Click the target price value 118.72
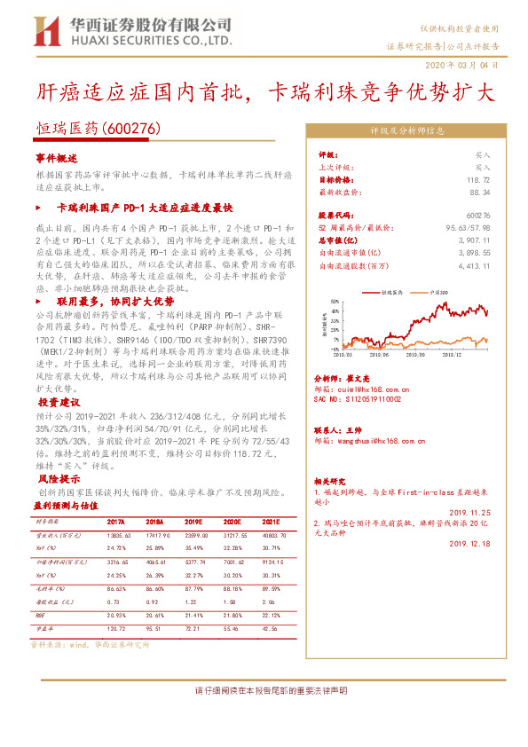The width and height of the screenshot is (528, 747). pos(478,178)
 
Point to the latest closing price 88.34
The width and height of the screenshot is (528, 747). pos(480,191)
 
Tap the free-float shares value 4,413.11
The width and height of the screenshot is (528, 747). pos(474,264)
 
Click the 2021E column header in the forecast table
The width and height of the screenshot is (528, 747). pos(270,523)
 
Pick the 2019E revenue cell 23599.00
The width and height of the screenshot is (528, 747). pos(196,536)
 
